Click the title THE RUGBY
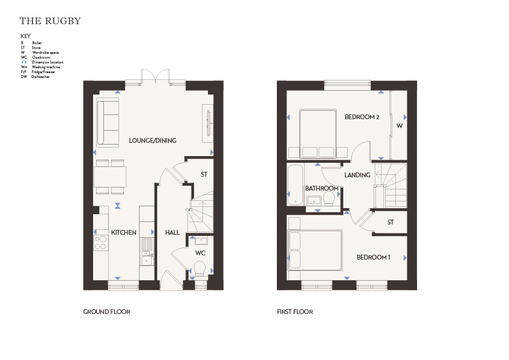coord(50,21)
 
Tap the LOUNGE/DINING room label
coord(152,140)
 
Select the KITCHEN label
coord(124,232)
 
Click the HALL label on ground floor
coord(172,232)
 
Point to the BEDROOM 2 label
coord(362,117)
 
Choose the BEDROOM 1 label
coord(374,257)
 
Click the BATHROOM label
coord(322,188)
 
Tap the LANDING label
coord(357,175)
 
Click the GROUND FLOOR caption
coord(106,312)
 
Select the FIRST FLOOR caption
coord(295,312)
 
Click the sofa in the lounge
coord(108,122)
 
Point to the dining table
coord(110,177)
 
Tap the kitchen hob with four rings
coord(100,243)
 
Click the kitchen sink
coord(147,252)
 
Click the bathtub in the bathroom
coord(296,185)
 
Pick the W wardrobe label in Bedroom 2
coord(400,126)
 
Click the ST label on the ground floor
coord(204,174)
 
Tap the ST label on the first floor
coord(391,222)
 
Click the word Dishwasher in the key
coord(41,77)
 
